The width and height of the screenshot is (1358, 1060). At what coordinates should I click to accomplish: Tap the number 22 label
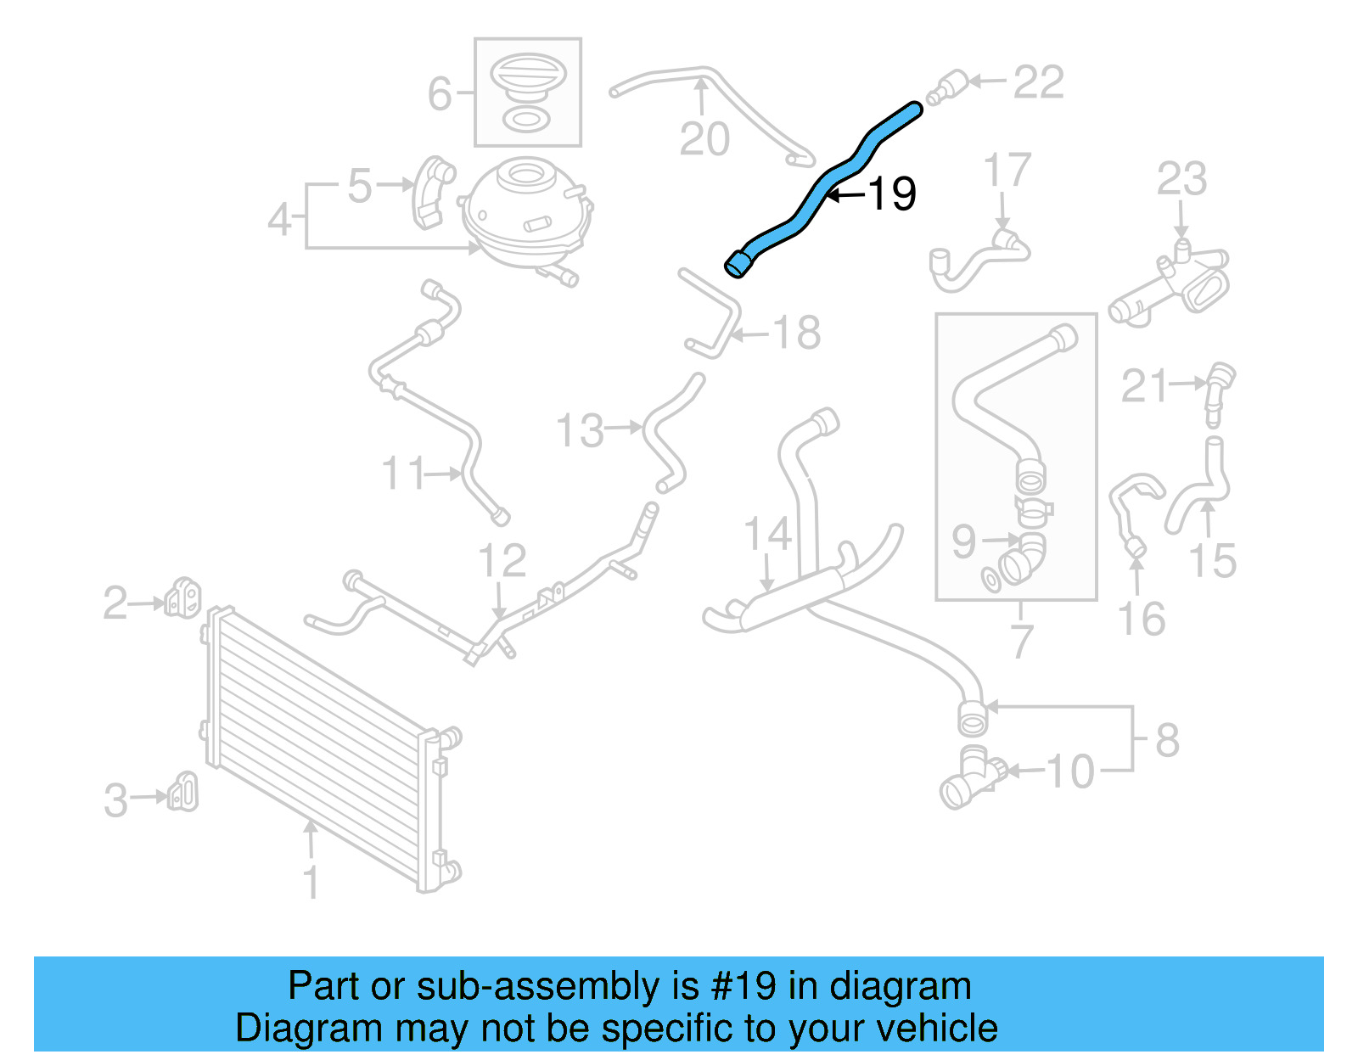click(1038, 82)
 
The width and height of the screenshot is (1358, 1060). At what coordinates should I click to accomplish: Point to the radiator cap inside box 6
click(527, 73)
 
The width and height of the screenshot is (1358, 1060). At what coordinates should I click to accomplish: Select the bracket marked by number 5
click(434, 193)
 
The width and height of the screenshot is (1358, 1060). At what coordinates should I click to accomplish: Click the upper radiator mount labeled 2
click(183, 597)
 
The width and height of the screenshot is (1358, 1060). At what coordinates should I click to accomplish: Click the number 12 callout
click(502, 561)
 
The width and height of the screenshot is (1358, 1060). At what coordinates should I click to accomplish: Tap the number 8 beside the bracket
click(1167, 740)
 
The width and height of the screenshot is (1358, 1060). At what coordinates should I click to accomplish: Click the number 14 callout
click(767, 535)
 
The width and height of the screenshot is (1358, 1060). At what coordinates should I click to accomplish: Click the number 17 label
click(1007, 171)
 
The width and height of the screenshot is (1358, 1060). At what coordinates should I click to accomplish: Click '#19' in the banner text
click(743, 986)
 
